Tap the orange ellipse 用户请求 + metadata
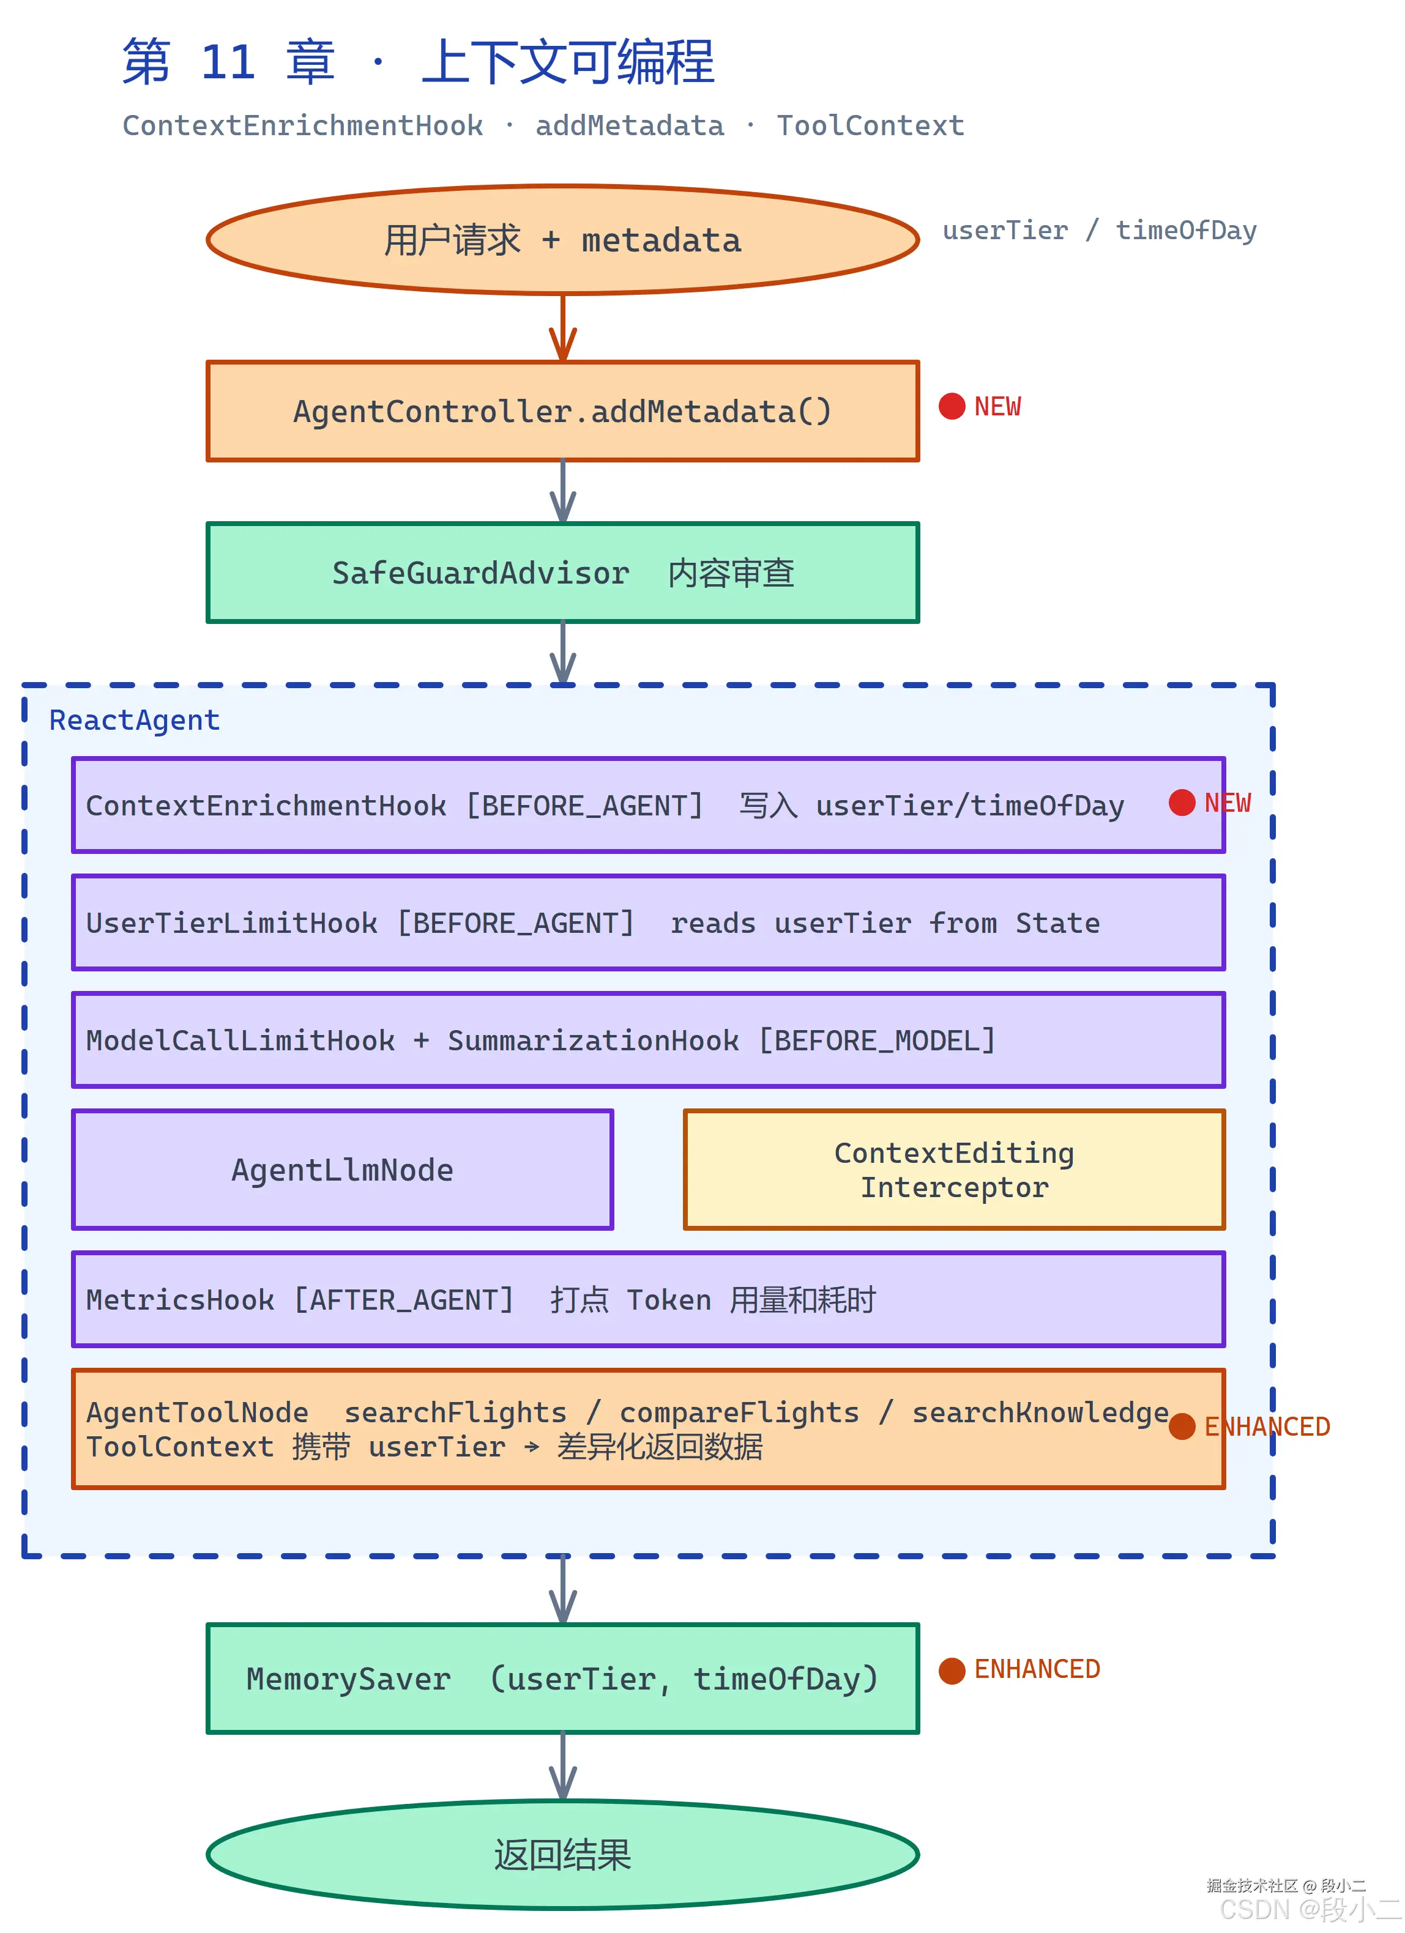[563, 240]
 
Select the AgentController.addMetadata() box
[563, 412]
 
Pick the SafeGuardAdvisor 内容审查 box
[563, 573]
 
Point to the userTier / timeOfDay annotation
[1099, 230]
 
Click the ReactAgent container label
[135, 720]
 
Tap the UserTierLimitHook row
[648, 923]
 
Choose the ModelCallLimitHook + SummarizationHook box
[648, 1040]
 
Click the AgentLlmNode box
[343, 1170]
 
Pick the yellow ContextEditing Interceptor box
[954, 1170]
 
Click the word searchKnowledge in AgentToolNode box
[1040, 1412]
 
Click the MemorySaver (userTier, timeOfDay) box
[563, 1678]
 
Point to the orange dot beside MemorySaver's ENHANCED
[952, 1669]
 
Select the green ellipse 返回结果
[563, 1855]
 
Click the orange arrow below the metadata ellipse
[563, 328]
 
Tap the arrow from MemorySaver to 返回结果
[563, 1766]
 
